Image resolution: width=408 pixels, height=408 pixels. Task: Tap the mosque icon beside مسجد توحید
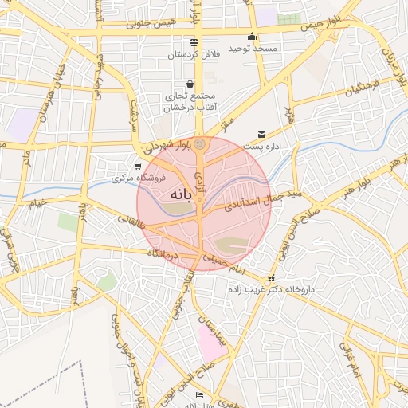pyautogui.click(x=253, y=36)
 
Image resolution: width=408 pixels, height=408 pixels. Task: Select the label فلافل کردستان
pyautogui.click(x=193, y=55)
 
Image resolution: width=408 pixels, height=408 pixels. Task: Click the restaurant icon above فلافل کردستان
pyautogui.click(x=194, y=42)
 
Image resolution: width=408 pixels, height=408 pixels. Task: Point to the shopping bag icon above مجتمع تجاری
pyautogui.click(x=190, y=83)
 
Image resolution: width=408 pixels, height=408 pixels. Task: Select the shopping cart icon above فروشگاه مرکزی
pyautogui.click(x=139, y=167)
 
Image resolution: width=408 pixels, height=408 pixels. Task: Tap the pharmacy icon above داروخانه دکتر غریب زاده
pyautogui.click(x=272, y=279)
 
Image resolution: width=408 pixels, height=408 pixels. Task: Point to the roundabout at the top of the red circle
pyautogui.click(x=199, y=144)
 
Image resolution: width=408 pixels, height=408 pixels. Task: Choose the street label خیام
pyautogui.click(x=38, y=202)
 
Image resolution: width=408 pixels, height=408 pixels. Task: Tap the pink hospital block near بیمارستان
pyautogui.click(x=211, y=347)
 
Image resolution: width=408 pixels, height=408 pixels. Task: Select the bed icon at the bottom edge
pyautogui.click(x=199, y=394)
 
